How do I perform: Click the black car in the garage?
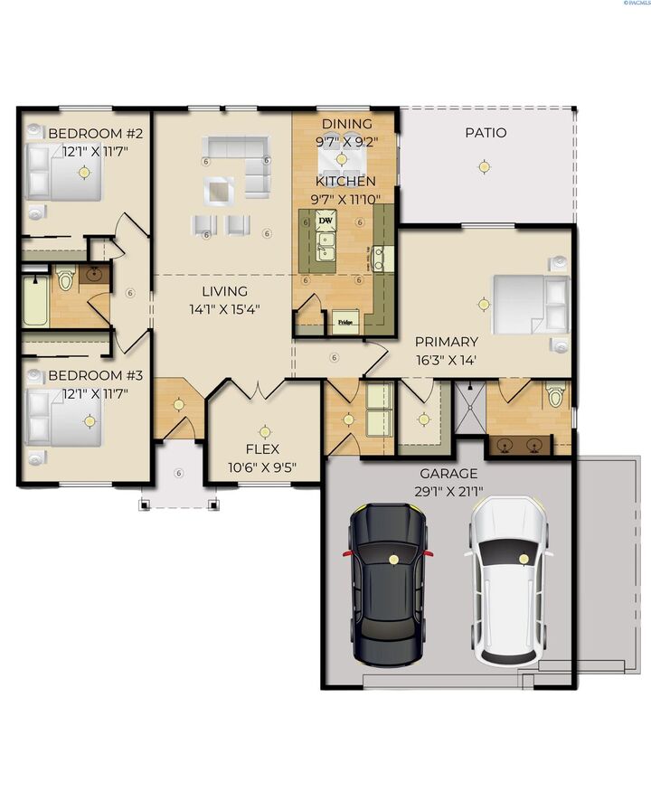click(389, 583)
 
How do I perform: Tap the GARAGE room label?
click(449, 474)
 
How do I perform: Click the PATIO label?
click(486, 133)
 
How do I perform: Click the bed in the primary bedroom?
click(529, 303)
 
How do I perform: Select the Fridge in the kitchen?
click(345, 320)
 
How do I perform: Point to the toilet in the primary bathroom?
click(554, 395)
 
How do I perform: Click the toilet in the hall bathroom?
click(66, 279)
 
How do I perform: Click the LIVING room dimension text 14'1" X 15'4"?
click(224, 309)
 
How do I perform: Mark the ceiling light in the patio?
click(485, 166)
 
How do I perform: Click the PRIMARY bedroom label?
click(446, 342)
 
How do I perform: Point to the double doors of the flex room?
click(259, 390)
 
